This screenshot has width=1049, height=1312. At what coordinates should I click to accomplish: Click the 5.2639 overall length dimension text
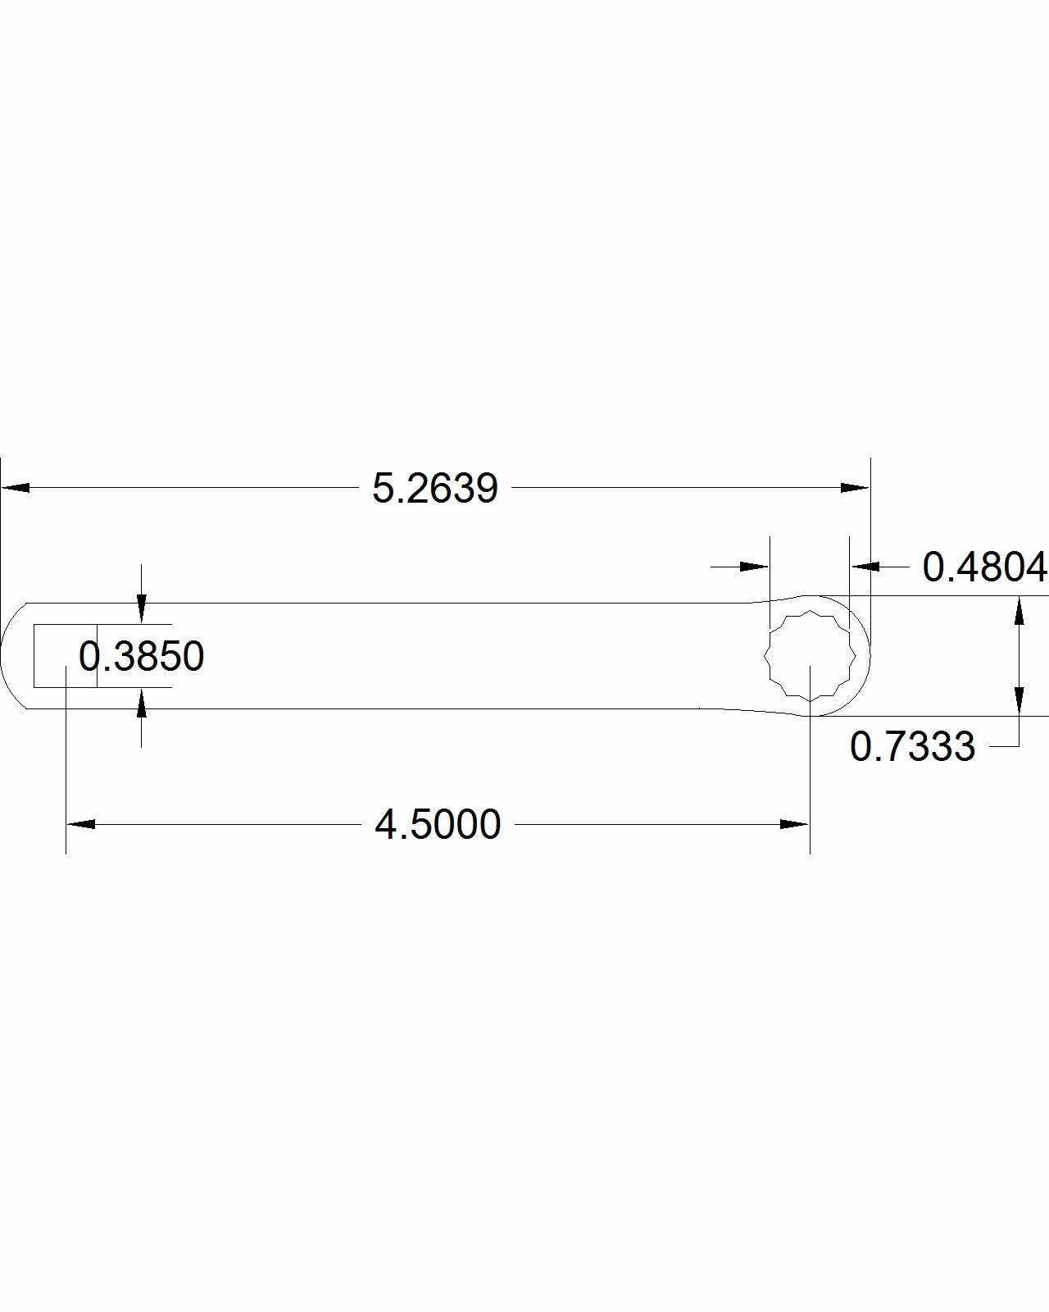coord(435,489)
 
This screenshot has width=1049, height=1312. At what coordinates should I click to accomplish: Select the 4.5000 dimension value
coord(438,825)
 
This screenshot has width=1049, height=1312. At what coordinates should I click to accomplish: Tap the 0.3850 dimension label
coord(141,657)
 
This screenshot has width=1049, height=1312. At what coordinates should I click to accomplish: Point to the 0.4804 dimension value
coord(984,567)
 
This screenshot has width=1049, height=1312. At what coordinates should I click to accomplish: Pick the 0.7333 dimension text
coord(912,747)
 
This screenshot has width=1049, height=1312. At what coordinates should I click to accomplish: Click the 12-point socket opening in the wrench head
coord(810,656)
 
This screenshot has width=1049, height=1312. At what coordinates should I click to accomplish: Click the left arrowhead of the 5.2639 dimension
coord(16,488)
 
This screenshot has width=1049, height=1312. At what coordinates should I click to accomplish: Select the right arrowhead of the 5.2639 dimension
coord(855,488)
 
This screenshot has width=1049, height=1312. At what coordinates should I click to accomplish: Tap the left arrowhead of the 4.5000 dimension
coord(80,824)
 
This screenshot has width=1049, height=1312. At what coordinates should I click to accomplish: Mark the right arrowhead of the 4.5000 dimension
coord(795,824)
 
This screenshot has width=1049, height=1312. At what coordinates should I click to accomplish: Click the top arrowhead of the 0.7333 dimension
coord(1019,611)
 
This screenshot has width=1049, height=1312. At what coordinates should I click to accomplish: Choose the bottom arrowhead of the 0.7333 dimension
coord(1019,700)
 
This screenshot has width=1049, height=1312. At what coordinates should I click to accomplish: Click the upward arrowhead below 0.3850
coord(142,703)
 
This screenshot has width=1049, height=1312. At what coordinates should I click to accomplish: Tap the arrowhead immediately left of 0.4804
coord(865,566)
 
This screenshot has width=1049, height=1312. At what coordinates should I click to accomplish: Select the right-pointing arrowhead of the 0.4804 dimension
coord(754,566)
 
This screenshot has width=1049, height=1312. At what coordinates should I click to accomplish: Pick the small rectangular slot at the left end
coord(65,655)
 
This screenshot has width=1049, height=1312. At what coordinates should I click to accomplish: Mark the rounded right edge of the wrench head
coord(867,656)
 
